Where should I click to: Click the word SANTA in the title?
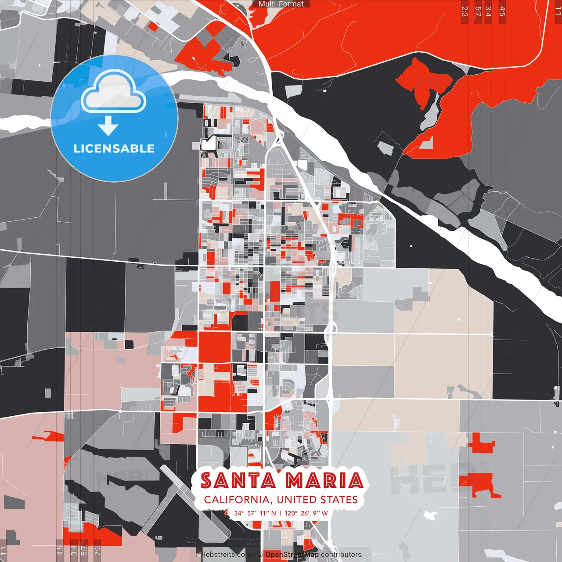click(238, 481)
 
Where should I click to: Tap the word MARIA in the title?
click(324, 481)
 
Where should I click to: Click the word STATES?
click(339, 500)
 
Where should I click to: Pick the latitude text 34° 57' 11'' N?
click(255, 513)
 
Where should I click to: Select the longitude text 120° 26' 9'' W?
click(306, 513)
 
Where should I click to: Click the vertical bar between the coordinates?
click(280, 513)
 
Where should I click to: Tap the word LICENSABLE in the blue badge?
click(114, 148)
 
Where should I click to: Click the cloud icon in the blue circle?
click(114, 92)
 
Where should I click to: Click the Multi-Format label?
click(281, 4)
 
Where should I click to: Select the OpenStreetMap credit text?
click(292, 555)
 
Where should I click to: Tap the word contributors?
click(341, 555)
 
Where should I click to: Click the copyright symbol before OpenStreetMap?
click(260, 555)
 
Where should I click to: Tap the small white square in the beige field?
click(459, 319)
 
